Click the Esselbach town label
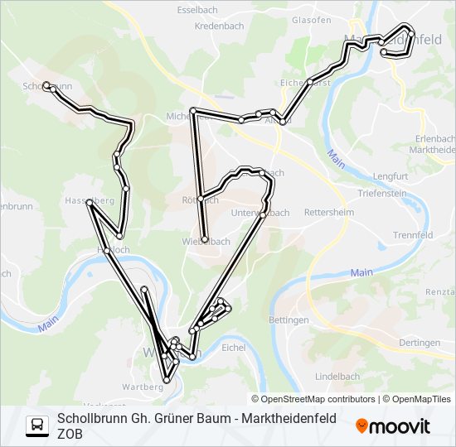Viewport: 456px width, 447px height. coord(198,11)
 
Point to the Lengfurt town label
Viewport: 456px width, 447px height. coord(391,176)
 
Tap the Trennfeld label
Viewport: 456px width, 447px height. coord(413,235)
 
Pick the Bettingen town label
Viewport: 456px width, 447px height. coord(289,320)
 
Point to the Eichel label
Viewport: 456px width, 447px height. coord(234,348)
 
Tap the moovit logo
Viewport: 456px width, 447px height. coord(394,426)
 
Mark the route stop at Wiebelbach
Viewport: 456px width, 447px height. coord(205,240)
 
